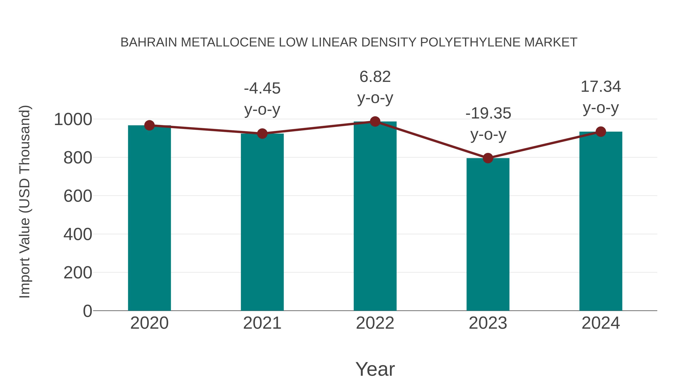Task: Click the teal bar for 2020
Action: coord(149,218)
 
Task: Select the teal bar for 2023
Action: coord(488,234)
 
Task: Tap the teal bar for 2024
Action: coord(601,221)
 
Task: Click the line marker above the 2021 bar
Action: coord(262,133)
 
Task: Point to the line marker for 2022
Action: coord(375,121)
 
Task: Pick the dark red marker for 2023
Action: coord(488,158)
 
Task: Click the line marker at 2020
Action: coord(149,125)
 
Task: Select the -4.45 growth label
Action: coord(262,88)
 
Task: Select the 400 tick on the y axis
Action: coord(78,234)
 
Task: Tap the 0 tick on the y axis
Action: coord(87,311)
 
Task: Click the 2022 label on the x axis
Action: coord(375,323)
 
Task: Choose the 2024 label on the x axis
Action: coord(601,323)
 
